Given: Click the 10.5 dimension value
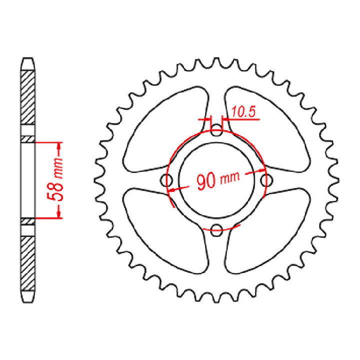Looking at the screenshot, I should click(x=244, y=113).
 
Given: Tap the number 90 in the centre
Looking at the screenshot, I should click(x=206, y=181).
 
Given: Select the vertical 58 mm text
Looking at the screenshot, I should click(x=58, y=180).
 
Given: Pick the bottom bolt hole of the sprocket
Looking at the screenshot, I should click(x=216, y=229).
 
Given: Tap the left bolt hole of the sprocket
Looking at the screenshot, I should click(x=167, y=180).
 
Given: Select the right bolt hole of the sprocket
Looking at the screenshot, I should click(x=265, y=180).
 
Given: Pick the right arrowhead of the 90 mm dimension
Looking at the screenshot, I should click(x=260, y=171).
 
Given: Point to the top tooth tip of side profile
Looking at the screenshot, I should click(x=28, y=62).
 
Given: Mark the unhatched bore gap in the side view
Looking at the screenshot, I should click(x=28, y=180).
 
